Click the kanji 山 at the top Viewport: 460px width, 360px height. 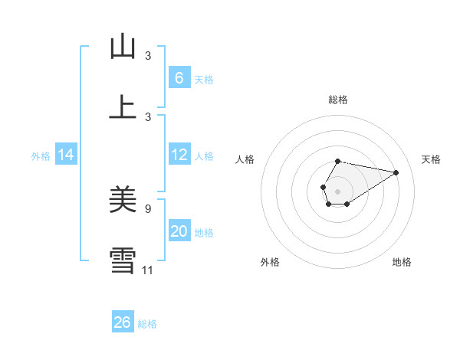pos(123,47)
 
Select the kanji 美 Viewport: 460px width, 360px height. pos(123,200)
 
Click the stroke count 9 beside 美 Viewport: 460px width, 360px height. pos(148,207)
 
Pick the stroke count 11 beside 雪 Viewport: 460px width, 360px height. pos(148,270)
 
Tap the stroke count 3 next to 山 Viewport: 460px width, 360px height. pos(148,56)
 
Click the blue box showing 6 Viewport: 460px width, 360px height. pos(179,78)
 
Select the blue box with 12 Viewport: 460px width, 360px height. pos(179,155)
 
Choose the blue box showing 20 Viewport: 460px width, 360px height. pos(179,231)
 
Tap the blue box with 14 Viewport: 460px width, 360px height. pos(66,155)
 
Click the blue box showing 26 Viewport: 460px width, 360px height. pos(123,322)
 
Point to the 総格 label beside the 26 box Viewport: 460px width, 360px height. pos(147,324)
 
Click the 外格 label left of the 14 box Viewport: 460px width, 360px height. pos(41,156)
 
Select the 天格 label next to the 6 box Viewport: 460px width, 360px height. pos(204,80)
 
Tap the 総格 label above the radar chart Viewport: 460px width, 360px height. pos(337,100)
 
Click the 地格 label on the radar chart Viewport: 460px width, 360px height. pos(402,262)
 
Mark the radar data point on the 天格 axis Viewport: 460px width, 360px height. pos(396,172)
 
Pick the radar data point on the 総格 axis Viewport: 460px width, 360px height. pos(337,161)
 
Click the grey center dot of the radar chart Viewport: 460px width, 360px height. pos(337,191)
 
